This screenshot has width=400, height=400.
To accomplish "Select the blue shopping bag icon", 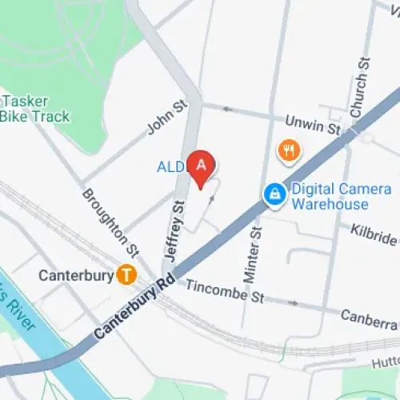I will point(274,194).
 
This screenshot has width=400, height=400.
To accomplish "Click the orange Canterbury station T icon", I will point(125,274).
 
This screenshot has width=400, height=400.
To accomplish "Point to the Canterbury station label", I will point(75,275).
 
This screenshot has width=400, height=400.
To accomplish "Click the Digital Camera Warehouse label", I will point(329,197).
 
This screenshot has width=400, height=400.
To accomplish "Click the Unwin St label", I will point(313,124).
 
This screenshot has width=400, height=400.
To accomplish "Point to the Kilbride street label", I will point(374,234).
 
